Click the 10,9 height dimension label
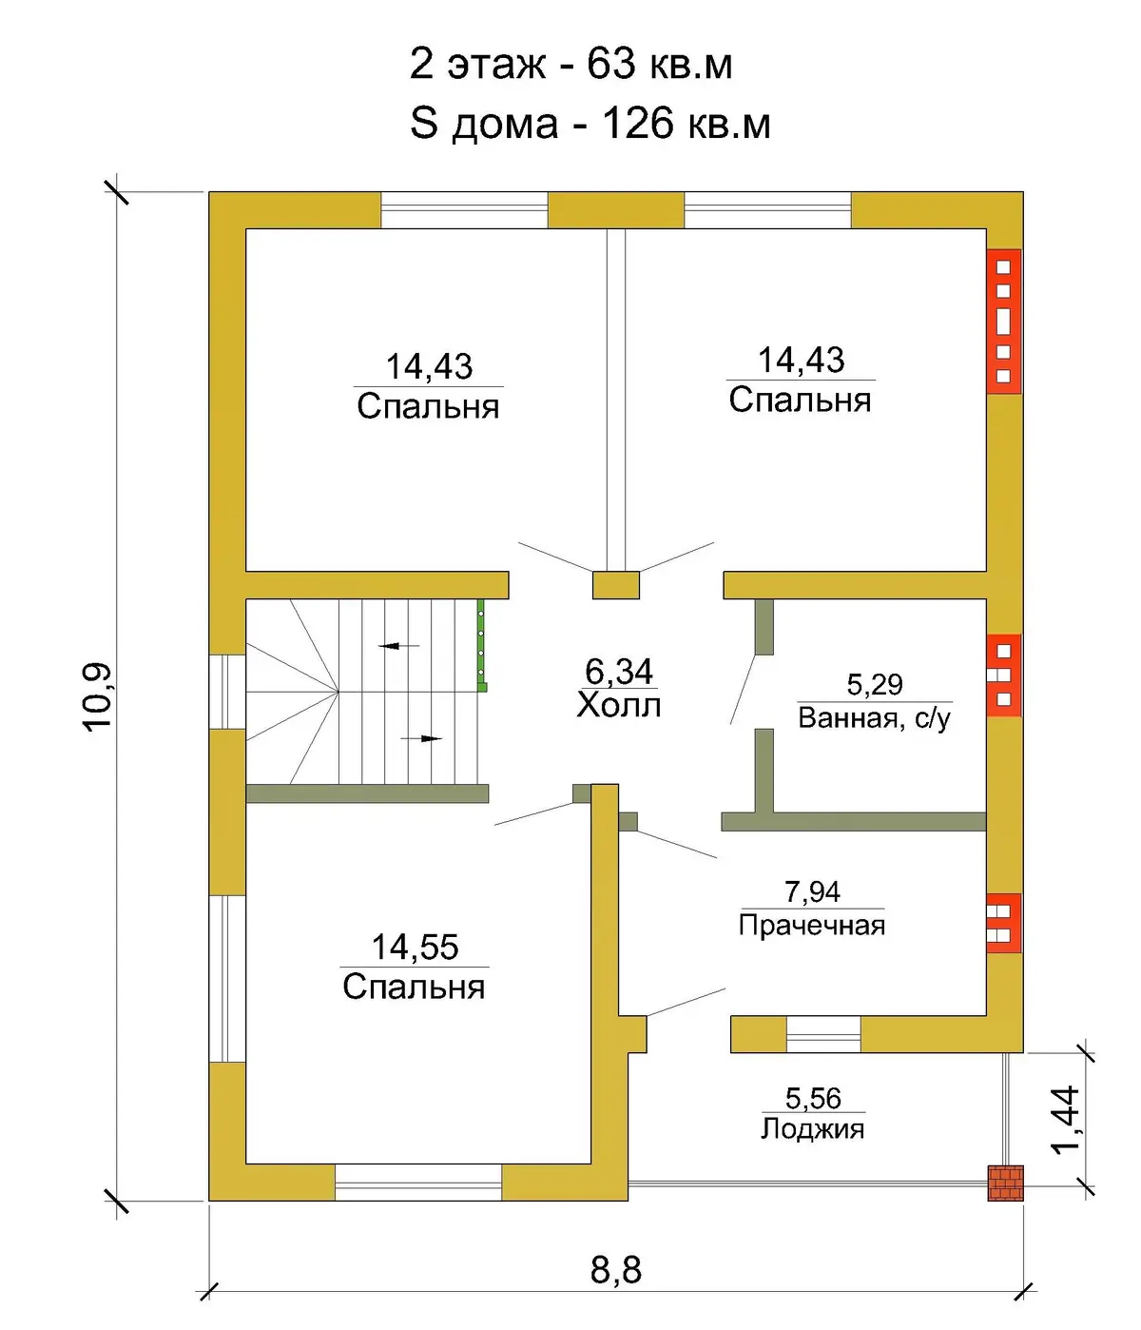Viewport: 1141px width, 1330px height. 97,696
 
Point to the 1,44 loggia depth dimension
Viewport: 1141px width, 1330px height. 1065,1120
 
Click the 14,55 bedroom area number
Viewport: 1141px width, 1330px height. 415,948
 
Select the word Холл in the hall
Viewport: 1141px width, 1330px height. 619,705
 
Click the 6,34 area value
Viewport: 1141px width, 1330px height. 619,671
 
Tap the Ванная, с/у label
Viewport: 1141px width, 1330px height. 874,718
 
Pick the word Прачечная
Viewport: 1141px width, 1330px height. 812,926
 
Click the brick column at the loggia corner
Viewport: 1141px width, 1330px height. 1005,1183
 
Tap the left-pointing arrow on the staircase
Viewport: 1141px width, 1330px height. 398,645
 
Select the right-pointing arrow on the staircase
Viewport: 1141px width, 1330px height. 422,738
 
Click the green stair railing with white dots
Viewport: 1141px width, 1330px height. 481,645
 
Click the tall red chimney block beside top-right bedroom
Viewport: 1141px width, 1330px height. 1004,321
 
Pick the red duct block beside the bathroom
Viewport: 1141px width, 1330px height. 1004,675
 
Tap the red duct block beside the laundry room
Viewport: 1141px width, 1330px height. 1004,923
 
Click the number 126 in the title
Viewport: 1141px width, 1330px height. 638,124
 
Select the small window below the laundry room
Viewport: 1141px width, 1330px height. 823,1034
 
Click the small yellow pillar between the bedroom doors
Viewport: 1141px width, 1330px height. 615,585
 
